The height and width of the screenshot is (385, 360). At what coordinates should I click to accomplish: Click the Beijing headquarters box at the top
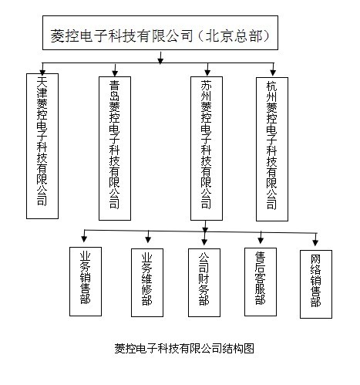point(160,32)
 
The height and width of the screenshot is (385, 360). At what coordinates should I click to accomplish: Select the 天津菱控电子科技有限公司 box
point(42,146)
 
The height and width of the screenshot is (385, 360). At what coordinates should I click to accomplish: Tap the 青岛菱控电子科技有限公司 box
point(115,148)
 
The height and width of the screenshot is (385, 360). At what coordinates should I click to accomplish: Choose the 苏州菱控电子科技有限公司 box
point(207,148)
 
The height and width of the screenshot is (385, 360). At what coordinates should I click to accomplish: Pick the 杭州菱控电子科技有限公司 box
point(272,149)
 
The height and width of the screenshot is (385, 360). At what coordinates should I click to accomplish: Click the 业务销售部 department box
point(86,282)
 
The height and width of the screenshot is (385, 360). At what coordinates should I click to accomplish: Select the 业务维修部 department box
point(147,282)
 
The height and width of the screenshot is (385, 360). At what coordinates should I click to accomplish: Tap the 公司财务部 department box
point(204,282)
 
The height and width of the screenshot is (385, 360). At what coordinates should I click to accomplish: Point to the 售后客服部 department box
point(261,282)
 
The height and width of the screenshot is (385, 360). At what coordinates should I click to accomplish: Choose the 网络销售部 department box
point(316,284)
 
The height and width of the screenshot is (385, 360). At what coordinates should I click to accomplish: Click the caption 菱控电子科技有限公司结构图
point(184,349)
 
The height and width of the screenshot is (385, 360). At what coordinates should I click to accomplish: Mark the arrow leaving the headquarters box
point(160,58)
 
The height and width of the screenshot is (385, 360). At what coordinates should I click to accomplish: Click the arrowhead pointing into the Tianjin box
point(42,73)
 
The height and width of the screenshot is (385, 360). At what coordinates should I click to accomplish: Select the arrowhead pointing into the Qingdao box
point(115,73)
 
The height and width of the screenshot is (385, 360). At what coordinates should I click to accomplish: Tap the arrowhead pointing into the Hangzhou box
point(273,73)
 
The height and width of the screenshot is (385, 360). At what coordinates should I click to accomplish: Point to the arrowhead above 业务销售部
point(84,239)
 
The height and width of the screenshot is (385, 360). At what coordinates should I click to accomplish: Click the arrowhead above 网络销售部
point(315,242)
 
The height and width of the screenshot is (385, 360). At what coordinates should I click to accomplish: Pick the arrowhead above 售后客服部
point(261,240)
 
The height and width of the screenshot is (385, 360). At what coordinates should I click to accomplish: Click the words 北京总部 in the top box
point(234,35)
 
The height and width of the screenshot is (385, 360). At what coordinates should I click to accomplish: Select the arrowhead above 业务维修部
point(148,239)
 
